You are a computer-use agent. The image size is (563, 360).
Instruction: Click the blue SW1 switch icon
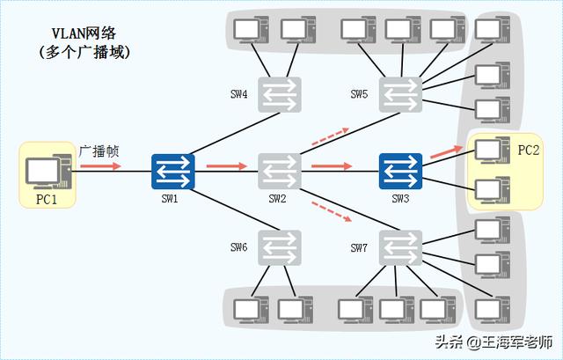click(172, 172)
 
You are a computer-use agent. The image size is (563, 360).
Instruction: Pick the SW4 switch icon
click(280, 94)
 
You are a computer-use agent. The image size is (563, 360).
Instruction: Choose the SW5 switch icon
click(400, 94)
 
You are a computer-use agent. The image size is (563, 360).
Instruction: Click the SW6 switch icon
click(280, 248)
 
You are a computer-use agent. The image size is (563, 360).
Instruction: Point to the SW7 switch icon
click(400, 248)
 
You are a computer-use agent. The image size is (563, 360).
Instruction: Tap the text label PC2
click(529, 151)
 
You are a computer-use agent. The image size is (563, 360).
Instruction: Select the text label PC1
click(47, 199)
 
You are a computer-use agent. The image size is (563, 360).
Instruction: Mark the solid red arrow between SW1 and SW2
click(226, 165)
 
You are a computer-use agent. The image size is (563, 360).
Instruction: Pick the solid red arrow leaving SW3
click(447, 155)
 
